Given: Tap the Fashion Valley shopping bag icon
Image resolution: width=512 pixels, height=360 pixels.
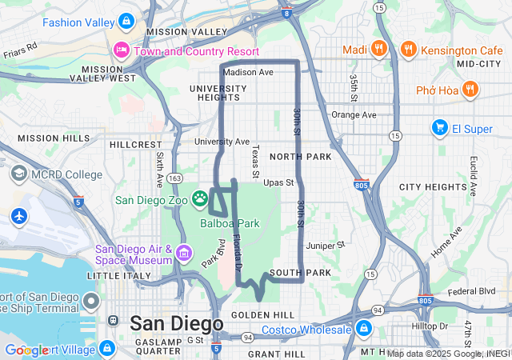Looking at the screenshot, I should pyautogui.click(x=125, y=21).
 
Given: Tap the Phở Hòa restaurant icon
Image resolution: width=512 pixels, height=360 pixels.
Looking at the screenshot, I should pyautogui.click(x=470, y=89).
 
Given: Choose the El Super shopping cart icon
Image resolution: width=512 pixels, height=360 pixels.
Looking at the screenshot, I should pyautogui.click(x=439, y=127).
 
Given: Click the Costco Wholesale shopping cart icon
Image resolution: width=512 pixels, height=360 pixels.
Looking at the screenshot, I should pyautogui.click(x=363, y=329).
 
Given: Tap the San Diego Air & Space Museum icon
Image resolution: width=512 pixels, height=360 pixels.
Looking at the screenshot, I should pyautogui.click(x=185, y=254).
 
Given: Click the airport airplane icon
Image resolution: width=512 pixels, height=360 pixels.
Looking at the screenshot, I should pyautogui.click(x=18, y=216).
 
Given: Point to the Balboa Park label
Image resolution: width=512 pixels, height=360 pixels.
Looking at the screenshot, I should pyautogui.click(x=230, y=223).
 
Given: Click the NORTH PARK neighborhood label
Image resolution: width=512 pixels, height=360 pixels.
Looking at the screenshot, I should pyautogui.click(x=300, y=157).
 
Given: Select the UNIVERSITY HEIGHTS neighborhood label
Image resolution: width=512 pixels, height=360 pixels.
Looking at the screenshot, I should pyautogui.click(x=214, y=93).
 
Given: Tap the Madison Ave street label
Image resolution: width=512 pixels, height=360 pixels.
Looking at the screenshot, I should pyautogui.click(x=248, y=72).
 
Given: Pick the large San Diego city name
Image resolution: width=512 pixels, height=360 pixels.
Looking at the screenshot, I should pyautogui.click(x=176, y=323).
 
